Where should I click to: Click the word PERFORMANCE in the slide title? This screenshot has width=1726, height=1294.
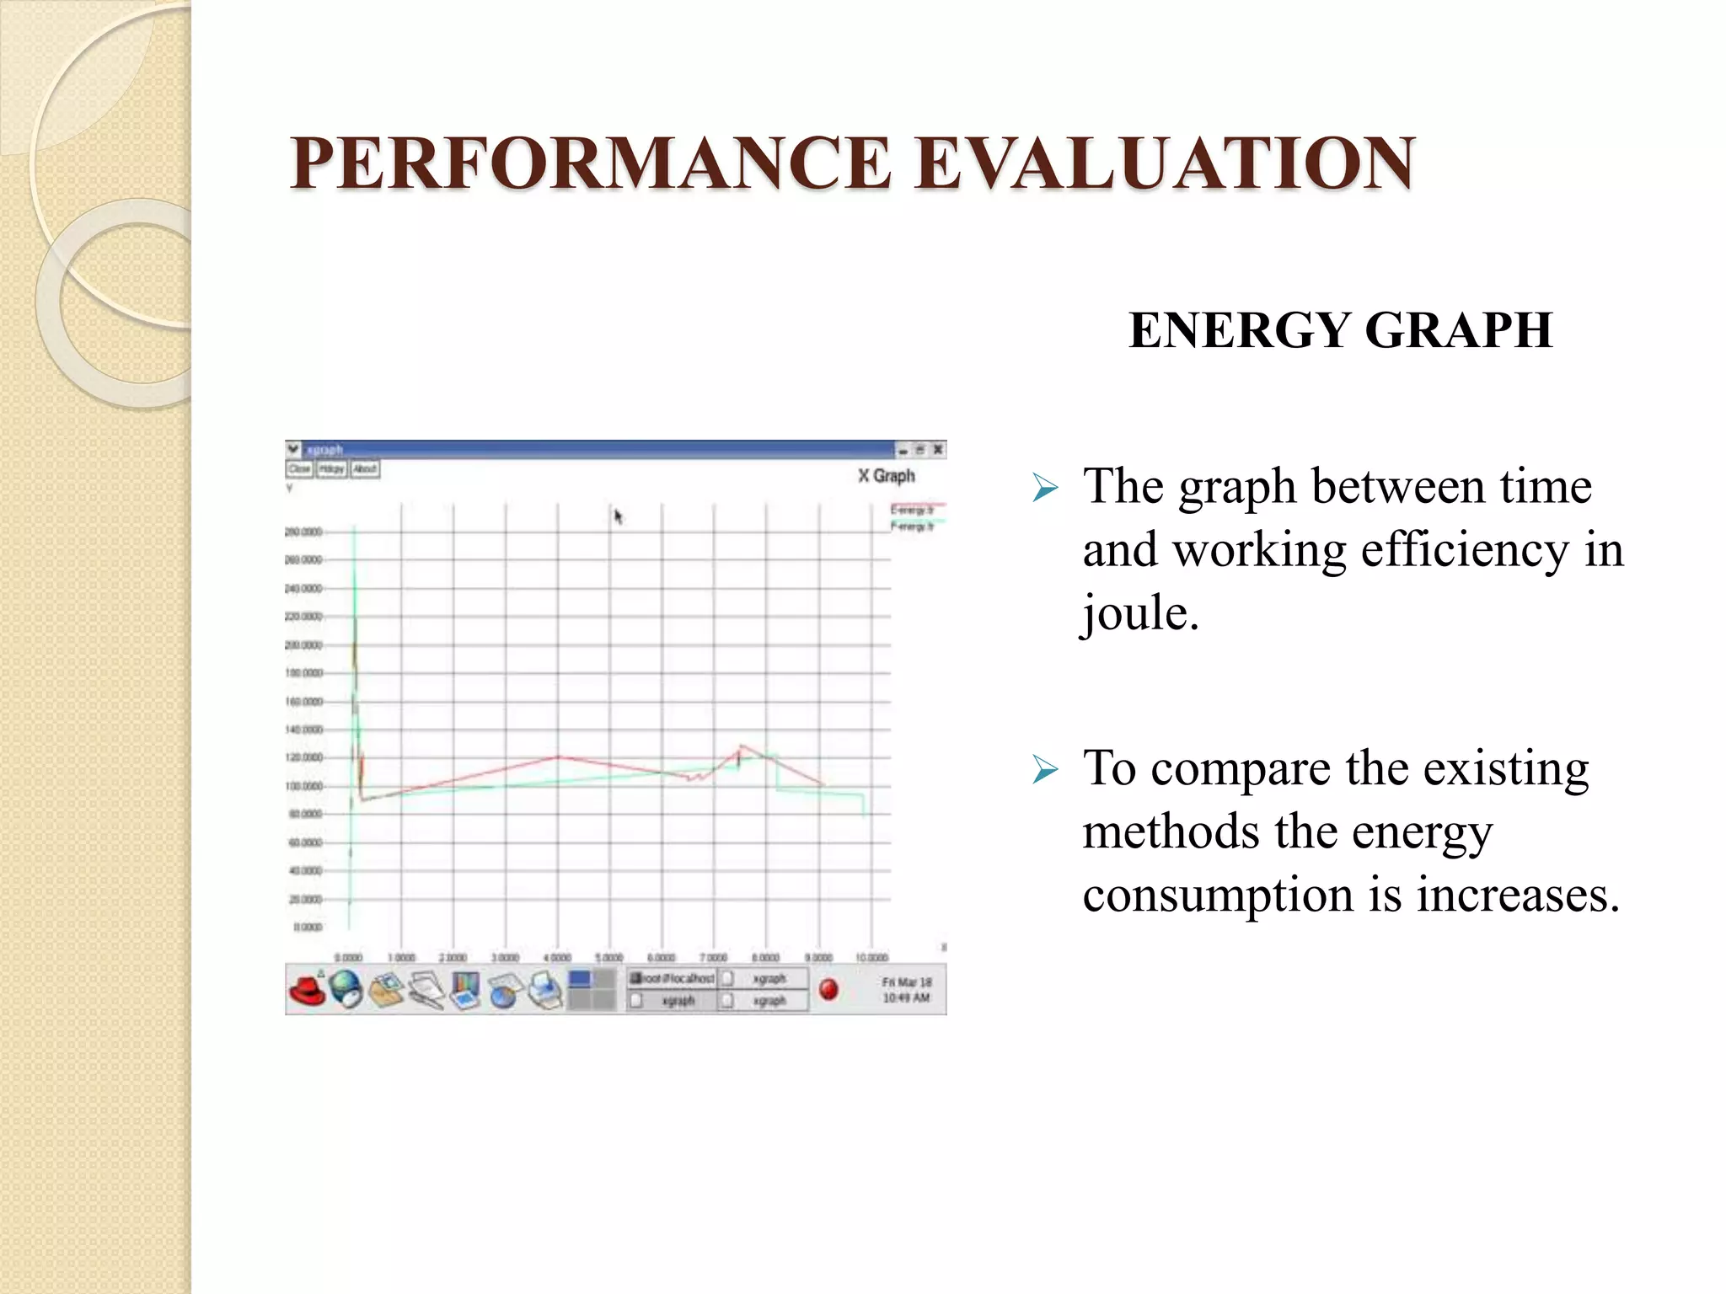[x=590, y=164]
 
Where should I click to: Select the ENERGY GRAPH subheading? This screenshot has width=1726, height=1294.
[x=1340, y=330]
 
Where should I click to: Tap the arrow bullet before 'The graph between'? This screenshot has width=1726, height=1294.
[x=1044, y=488]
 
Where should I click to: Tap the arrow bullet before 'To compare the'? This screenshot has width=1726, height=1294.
[x=1044, y=769]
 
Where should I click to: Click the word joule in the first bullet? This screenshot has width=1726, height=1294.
[x=1139, y=612]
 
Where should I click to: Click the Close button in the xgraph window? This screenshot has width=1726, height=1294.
[x=299, y=469]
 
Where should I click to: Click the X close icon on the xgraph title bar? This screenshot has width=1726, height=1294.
[x=937, y=451]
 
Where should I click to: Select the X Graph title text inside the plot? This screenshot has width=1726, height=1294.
[x=886, y=476]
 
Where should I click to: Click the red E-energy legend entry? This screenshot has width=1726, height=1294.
[x=912, y=510]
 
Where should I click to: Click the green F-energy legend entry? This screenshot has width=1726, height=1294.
[x=912, y=527]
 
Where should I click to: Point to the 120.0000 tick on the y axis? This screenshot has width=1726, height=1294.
[x=303, y=757]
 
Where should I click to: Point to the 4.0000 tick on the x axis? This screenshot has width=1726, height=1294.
[x=557, y=958]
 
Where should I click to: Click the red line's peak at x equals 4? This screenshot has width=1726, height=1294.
[x=558, y=757]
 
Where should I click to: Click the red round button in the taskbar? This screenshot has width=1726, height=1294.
[x=828, y=989]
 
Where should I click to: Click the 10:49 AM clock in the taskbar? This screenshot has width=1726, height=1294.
[x=906, y=998]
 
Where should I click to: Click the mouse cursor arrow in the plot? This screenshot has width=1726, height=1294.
[x=618, y=516]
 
